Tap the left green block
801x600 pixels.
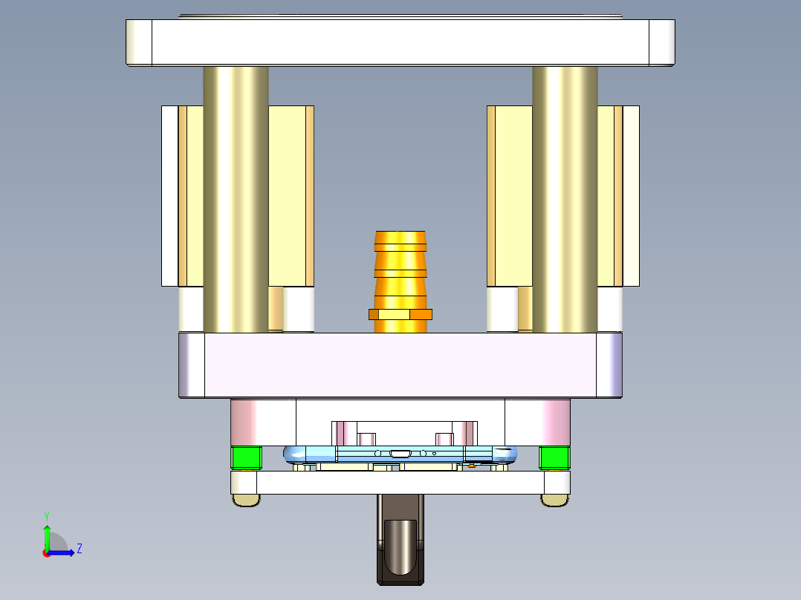pos(246,457)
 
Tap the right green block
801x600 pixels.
pos(554,457)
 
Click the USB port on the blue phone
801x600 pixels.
pos(400,453)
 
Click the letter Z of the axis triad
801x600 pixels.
pos(79,549)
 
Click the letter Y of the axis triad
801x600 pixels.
pos(46,515)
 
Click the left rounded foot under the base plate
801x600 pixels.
pos(246,500)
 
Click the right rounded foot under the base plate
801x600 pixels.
pos(554,500)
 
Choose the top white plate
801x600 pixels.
pos(400,42)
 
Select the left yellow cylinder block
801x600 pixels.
pos(288,195)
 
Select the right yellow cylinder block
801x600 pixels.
pos(511,195)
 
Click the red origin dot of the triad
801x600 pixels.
pos(46,552)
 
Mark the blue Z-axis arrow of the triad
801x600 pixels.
pos(64,552)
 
